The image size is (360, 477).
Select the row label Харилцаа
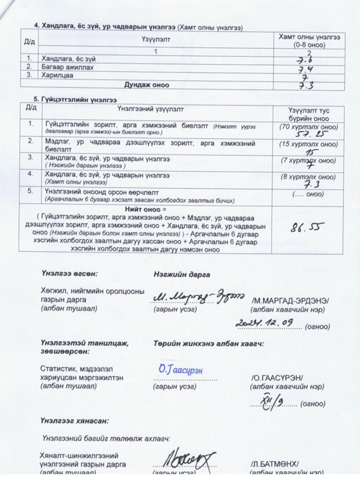pos(54,76)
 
